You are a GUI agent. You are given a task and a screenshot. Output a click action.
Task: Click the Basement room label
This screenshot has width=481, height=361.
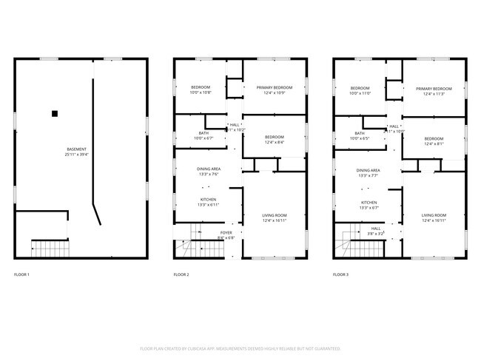point(77,151)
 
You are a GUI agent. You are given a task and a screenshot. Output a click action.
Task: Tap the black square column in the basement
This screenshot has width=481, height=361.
point(54,113)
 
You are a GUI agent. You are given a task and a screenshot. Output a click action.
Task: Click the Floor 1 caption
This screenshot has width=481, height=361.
point(22,274)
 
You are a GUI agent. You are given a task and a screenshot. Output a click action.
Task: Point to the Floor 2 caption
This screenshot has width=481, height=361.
point(181,274)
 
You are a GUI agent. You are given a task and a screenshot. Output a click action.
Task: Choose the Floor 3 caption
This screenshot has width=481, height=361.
point(342,274)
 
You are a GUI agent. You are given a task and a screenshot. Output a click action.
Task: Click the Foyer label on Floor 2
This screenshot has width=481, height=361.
point(226,233)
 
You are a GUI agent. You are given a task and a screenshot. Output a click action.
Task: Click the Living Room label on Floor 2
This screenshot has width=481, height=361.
point(274,215)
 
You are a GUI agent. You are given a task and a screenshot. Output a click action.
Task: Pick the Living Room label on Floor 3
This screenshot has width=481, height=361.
point(434,215)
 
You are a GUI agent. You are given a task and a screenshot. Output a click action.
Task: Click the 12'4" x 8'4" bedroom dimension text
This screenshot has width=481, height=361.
point(275,143)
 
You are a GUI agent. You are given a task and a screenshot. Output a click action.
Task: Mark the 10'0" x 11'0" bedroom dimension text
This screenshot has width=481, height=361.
point(360,93)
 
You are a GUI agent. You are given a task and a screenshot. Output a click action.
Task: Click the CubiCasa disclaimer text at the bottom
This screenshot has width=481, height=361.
point(240,348)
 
